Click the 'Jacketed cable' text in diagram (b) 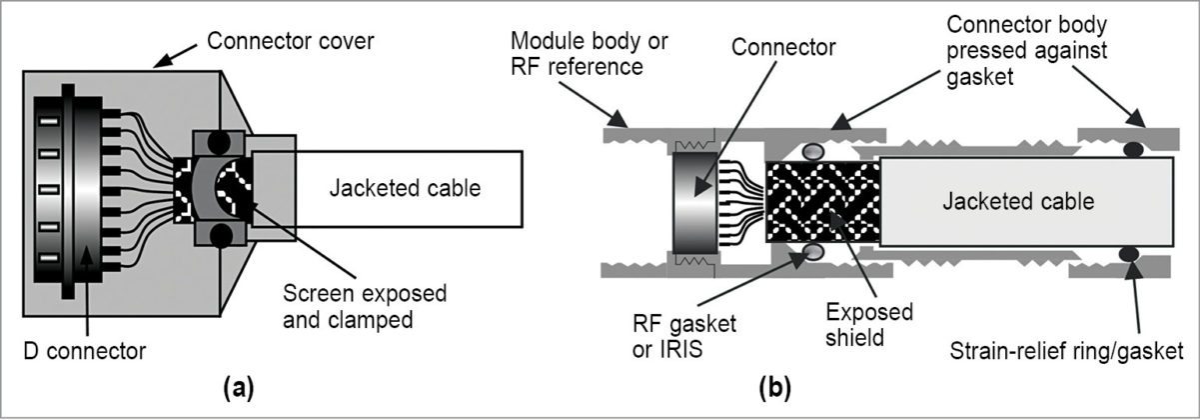click(x=1017, y=201)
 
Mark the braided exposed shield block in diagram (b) click(x=821, y=200)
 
